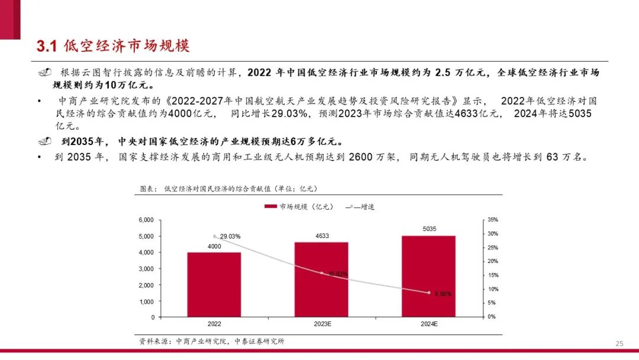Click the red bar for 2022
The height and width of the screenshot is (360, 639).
(x=214, y=285)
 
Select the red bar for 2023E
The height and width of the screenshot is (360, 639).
(x=321, y=279)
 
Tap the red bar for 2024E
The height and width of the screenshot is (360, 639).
(x=428, y=277)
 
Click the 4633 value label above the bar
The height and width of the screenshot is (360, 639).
(x=322, y=236)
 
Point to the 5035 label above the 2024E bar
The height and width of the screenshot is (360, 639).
(x=429, y=228)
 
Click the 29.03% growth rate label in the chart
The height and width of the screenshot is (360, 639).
(x=230, y=236)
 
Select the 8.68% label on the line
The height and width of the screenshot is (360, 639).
(x=443, y=294)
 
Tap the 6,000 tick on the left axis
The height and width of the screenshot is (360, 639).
(x=146, y=220)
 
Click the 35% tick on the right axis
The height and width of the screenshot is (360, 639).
(x=492, y=220)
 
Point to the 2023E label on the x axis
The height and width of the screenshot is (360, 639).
(x=322, y=324)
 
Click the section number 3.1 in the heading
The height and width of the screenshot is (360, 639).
(x=46, y=46)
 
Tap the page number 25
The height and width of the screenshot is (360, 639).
(x=619, y=343)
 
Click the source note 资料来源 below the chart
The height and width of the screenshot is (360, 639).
(x=212, y=341)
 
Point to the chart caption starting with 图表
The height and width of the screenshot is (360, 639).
(x=228, y=188)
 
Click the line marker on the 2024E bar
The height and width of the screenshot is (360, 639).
(x=429, y=292)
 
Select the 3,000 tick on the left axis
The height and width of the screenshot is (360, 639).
(x=146, y=269)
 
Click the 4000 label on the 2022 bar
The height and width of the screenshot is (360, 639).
(x=214, y=246)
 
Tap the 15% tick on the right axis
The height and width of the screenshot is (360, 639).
(x=492, y=275)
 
